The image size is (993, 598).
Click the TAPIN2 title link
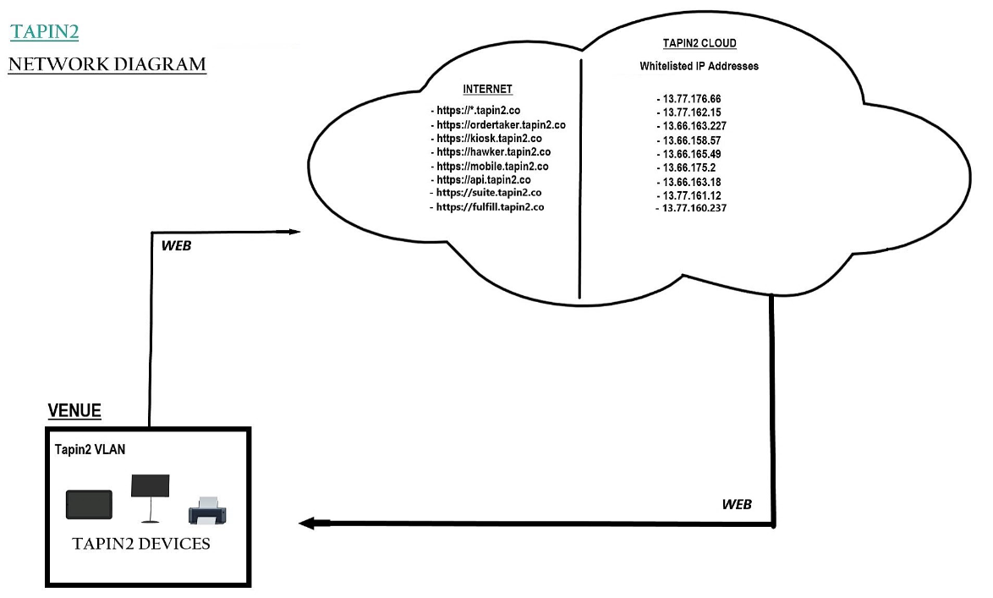[x=45, y=32]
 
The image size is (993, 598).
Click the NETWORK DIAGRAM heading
[x=107, y=64]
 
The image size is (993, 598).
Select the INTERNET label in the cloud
[x=487, y=89]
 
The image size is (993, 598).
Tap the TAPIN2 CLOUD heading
[x=699, y=44]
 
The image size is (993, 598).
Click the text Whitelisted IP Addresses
[x=699, y=66]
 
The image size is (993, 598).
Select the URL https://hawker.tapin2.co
[x=493, y=152]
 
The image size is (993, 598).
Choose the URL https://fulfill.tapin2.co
[x=490, y=207]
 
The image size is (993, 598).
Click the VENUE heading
[x=74, y=411]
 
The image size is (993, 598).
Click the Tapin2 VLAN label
[x=90, y=450]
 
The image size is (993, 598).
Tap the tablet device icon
[x=89, y=503]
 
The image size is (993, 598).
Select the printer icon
[x=207, y=510]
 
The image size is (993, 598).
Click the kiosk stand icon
[x=150, y=497]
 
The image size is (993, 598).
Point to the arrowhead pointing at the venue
[x=307, y=524]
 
